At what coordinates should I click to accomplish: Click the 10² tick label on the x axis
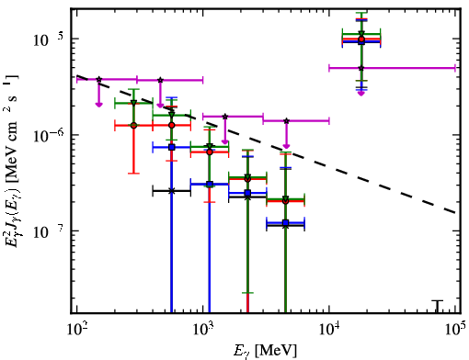point(76,329)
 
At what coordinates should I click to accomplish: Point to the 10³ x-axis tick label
point(202,329)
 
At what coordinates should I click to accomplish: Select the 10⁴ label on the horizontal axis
point(329,329)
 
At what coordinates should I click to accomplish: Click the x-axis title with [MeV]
point(266,350)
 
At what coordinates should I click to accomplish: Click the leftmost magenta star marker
point(98,79)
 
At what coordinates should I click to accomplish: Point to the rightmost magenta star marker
point(361,68)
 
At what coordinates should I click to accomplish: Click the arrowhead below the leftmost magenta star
point(98,105)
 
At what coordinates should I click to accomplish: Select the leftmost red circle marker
point(133,126)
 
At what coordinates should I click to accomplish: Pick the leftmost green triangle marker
point(133,103)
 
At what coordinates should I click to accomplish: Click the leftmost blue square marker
point(172,147)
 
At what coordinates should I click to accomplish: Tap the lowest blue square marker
point(286,222)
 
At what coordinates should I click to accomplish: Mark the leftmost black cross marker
point(172,191)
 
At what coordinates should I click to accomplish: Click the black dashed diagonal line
point(266,144)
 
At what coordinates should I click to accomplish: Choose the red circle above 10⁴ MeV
point(361,39)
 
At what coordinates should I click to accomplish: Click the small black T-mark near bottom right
point(438,307)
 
